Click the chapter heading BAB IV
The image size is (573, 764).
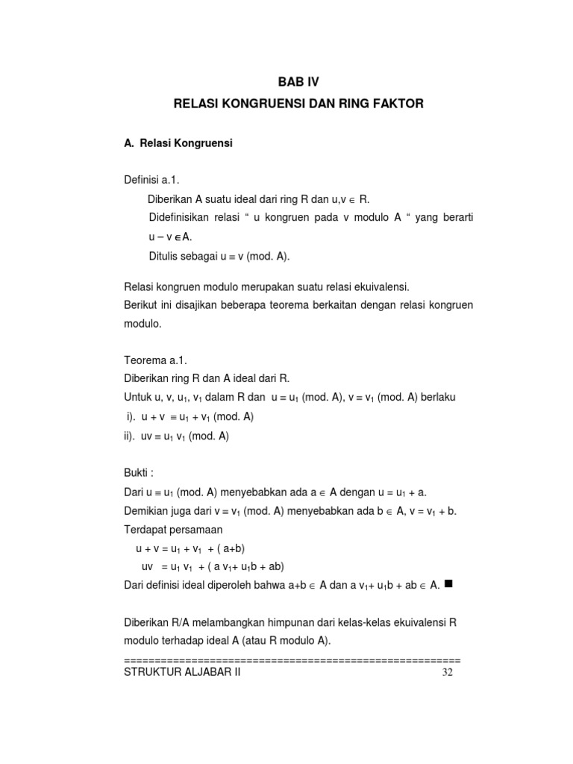coord(298,81)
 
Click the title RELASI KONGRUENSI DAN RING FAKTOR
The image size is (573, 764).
coord(298,104)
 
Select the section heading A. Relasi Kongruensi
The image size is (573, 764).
coord(178,143)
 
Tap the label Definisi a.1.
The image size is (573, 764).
coord(152,181)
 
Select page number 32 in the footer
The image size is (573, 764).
coord(448,672)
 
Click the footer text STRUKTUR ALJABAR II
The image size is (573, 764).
coord(182,672)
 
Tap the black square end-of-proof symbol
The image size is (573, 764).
coord(448,583)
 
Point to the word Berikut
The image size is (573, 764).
coord(142,306)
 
